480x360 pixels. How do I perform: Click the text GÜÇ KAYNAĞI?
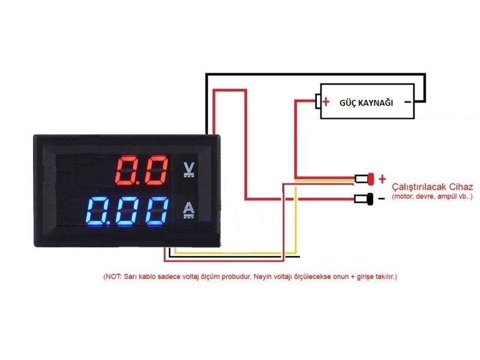tap(366, 103)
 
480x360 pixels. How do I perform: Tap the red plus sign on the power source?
tap(326, 101)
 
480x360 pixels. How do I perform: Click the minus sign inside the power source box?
tap(407, 102)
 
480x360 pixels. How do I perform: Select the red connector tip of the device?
tap(371, 179)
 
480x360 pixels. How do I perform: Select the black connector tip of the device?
tap(370, 199)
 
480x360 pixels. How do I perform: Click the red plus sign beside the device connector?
tap(382, 179)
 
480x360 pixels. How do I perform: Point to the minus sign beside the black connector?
tap(382, 199)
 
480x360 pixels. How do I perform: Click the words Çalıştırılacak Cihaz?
tap(432, 187)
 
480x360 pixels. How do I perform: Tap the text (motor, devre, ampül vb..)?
tap(432, 197)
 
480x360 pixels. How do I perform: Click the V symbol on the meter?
tap(189, 170)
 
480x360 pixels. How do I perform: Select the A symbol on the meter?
tap(188, 211)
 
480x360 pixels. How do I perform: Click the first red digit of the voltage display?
tap(127, 170)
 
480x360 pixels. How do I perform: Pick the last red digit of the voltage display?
tap(157, 170)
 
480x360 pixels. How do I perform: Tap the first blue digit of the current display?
tap(98, 211)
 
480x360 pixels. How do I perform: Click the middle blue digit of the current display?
tap(127, 211)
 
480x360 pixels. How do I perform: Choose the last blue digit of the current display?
tap(157, 211)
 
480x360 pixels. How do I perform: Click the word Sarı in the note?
tap(130, 277)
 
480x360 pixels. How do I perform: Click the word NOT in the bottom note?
tap(113, 277)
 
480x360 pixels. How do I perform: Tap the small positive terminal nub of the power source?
tap(318, 101)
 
